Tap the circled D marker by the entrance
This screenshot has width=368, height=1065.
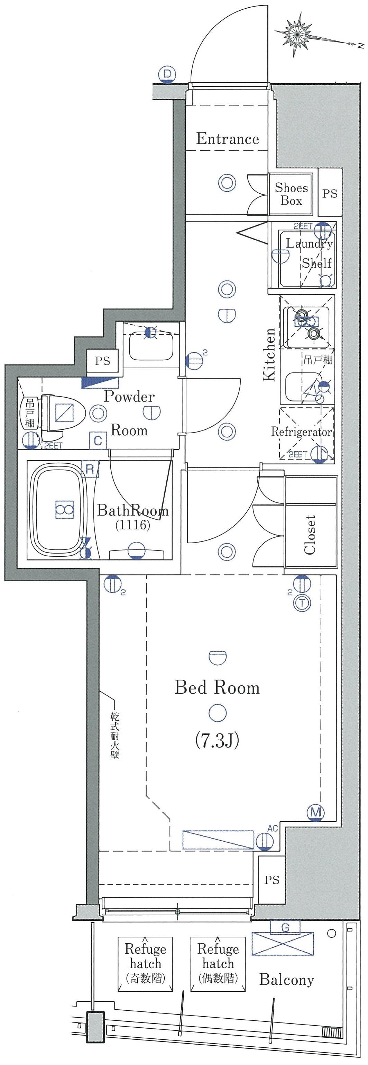click(167, 75)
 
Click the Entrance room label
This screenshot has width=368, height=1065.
click(228, 139)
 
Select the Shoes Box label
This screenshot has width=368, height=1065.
click(291, 194)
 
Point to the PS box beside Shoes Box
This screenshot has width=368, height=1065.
click(330, 193)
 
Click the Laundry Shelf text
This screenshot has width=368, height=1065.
click(309, 253)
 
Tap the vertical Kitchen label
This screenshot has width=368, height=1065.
click(269, 354)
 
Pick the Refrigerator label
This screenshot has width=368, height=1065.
click(302, 432)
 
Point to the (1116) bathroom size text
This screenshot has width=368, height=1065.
click(132, 525)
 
